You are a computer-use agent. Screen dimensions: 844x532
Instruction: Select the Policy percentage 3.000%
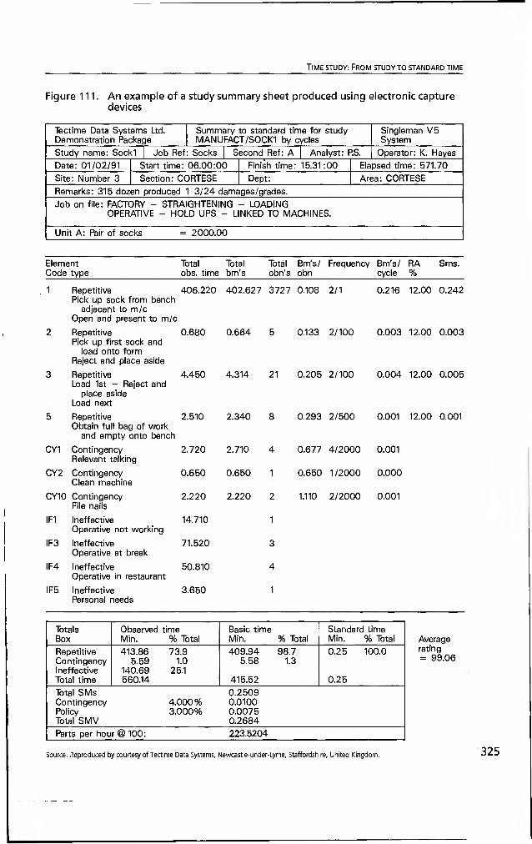(x=184, y=711)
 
